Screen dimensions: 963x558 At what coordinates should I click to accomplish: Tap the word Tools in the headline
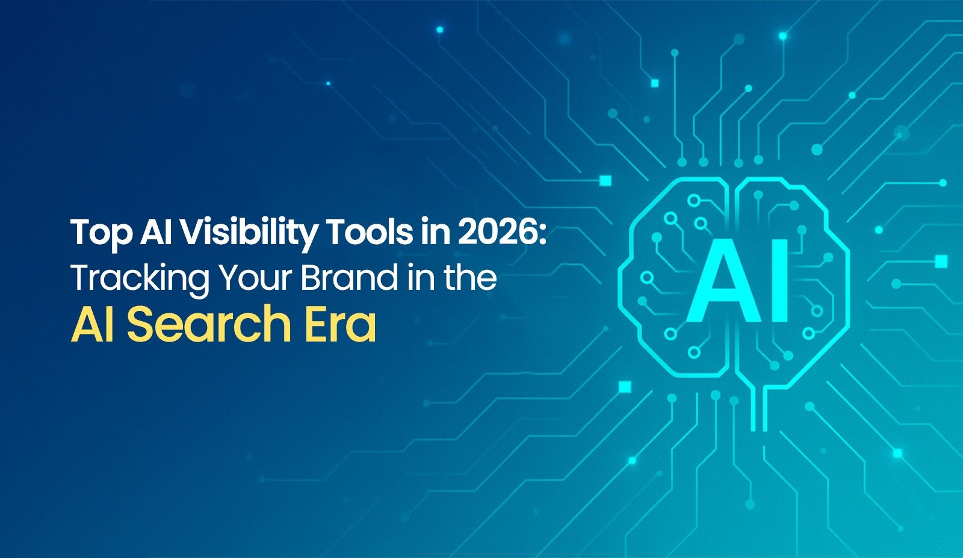(x=370, y=232)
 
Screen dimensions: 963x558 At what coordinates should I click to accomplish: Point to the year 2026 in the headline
(x=497, y=232)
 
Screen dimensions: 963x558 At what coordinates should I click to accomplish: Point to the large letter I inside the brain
(x=778, y=281)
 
